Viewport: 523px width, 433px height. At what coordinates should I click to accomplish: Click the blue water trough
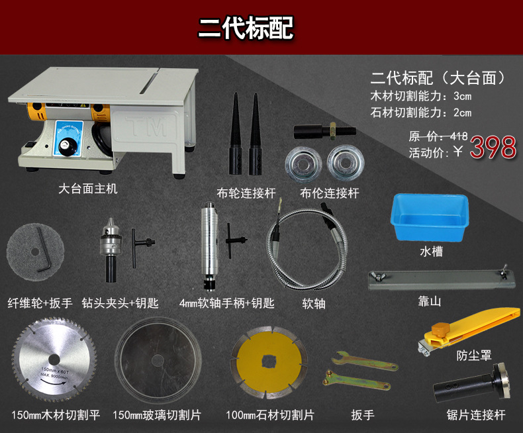430,217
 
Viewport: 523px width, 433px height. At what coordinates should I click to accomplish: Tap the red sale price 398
493,147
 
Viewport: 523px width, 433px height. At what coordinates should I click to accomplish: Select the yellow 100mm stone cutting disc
269,362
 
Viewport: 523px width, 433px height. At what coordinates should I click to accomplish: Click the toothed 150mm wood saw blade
54,360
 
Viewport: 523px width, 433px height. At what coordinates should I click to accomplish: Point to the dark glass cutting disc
158,360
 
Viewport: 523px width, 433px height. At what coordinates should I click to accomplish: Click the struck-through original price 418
459,136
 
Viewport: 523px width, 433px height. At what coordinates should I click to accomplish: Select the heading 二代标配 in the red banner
246,28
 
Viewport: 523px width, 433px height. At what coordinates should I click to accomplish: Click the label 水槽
431,251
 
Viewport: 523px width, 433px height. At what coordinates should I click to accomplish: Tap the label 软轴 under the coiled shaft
314,304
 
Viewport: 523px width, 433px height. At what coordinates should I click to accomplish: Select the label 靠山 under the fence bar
430,301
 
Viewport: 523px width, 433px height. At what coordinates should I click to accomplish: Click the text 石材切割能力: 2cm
421,113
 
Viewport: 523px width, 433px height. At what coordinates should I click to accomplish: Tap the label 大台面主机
88,189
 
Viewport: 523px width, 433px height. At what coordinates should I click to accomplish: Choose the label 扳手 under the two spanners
363,414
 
